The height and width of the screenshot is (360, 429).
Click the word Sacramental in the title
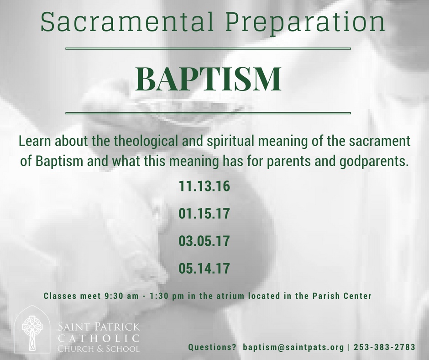[x=127, y=22]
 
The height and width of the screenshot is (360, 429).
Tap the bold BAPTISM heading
[x=208, y=79]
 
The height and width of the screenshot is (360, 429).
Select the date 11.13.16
[x=204, y=186]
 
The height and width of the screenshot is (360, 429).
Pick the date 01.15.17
[x=204, y=213]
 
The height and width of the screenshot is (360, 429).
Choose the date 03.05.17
[x=204, y=241]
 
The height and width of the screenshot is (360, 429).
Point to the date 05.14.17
[x=204, y=268]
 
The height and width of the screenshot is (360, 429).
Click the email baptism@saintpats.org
[x=293, y=347]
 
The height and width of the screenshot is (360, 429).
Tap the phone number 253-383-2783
[x=384, y=347]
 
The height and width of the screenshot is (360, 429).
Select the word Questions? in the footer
[x=212, y=347]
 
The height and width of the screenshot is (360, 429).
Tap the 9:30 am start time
[x=121, y=296]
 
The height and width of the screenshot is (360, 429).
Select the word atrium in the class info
[x=230, y=296]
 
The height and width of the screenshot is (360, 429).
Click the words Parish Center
[x=342, y=296]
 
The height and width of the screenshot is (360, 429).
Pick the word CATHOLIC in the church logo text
[x=99, y=338]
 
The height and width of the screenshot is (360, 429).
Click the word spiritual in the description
[x=230, y=141]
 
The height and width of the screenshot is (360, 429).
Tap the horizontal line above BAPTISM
[x=208, y=49]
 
